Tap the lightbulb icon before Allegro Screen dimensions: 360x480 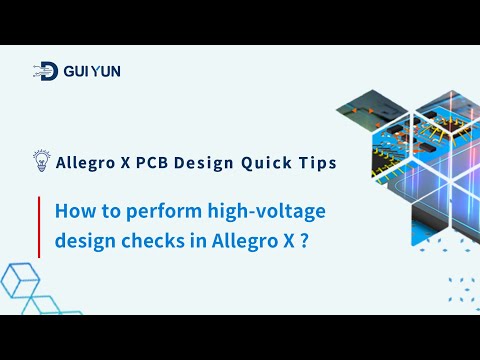(x=41, y=161)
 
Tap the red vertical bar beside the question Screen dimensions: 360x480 (x=39, y=227)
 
